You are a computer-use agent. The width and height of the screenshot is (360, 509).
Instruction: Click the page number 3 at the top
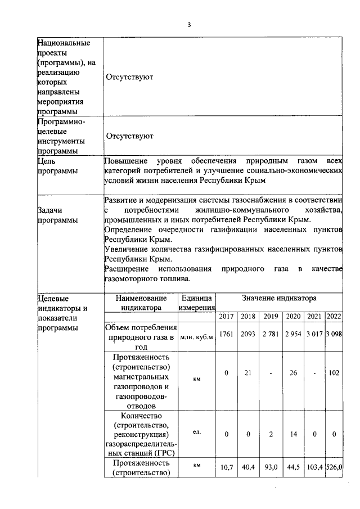coord(190,25)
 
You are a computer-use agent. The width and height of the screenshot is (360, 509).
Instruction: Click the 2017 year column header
coord(226,316)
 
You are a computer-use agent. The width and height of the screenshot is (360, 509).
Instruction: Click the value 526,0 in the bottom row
coord(334,467)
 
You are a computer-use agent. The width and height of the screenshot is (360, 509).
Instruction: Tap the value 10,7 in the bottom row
coord(226,467)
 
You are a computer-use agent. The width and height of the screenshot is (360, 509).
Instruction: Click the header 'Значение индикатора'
coord(279,298)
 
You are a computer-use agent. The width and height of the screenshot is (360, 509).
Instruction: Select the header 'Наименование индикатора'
coord(141,302)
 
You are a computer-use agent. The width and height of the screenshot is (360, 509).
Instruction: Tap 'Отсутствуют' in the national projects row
coord(129,76)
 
